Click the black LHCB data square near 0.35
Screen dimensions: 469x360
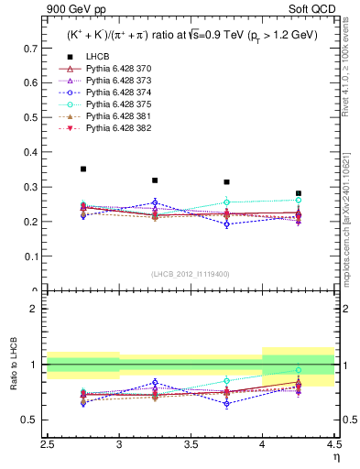(x=83, y=169)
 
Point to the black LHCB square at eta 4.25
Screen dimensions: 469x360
(x=299, y=193)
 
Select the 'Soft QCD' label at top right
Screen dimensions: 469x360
(x=316, y=10)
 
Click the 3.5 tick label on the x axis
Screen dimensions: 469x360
(x=191, y=444)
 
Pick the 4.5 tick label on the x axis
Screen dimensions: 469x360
(x=333, y=444)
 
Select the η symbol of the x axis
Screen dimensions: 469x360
(x=335, y=457)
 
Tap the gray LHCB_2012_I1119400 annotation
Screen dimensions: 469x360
(x=191, y=274)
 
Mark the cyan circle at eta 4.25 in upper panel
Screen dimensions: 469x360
(x=299, y=200)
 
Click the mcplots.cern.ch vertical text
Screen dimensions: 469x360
(x=352, y=229)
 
